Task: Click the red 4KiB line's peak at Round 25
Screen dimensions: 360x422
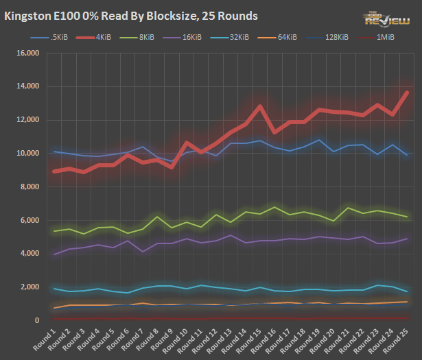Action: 408,93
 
